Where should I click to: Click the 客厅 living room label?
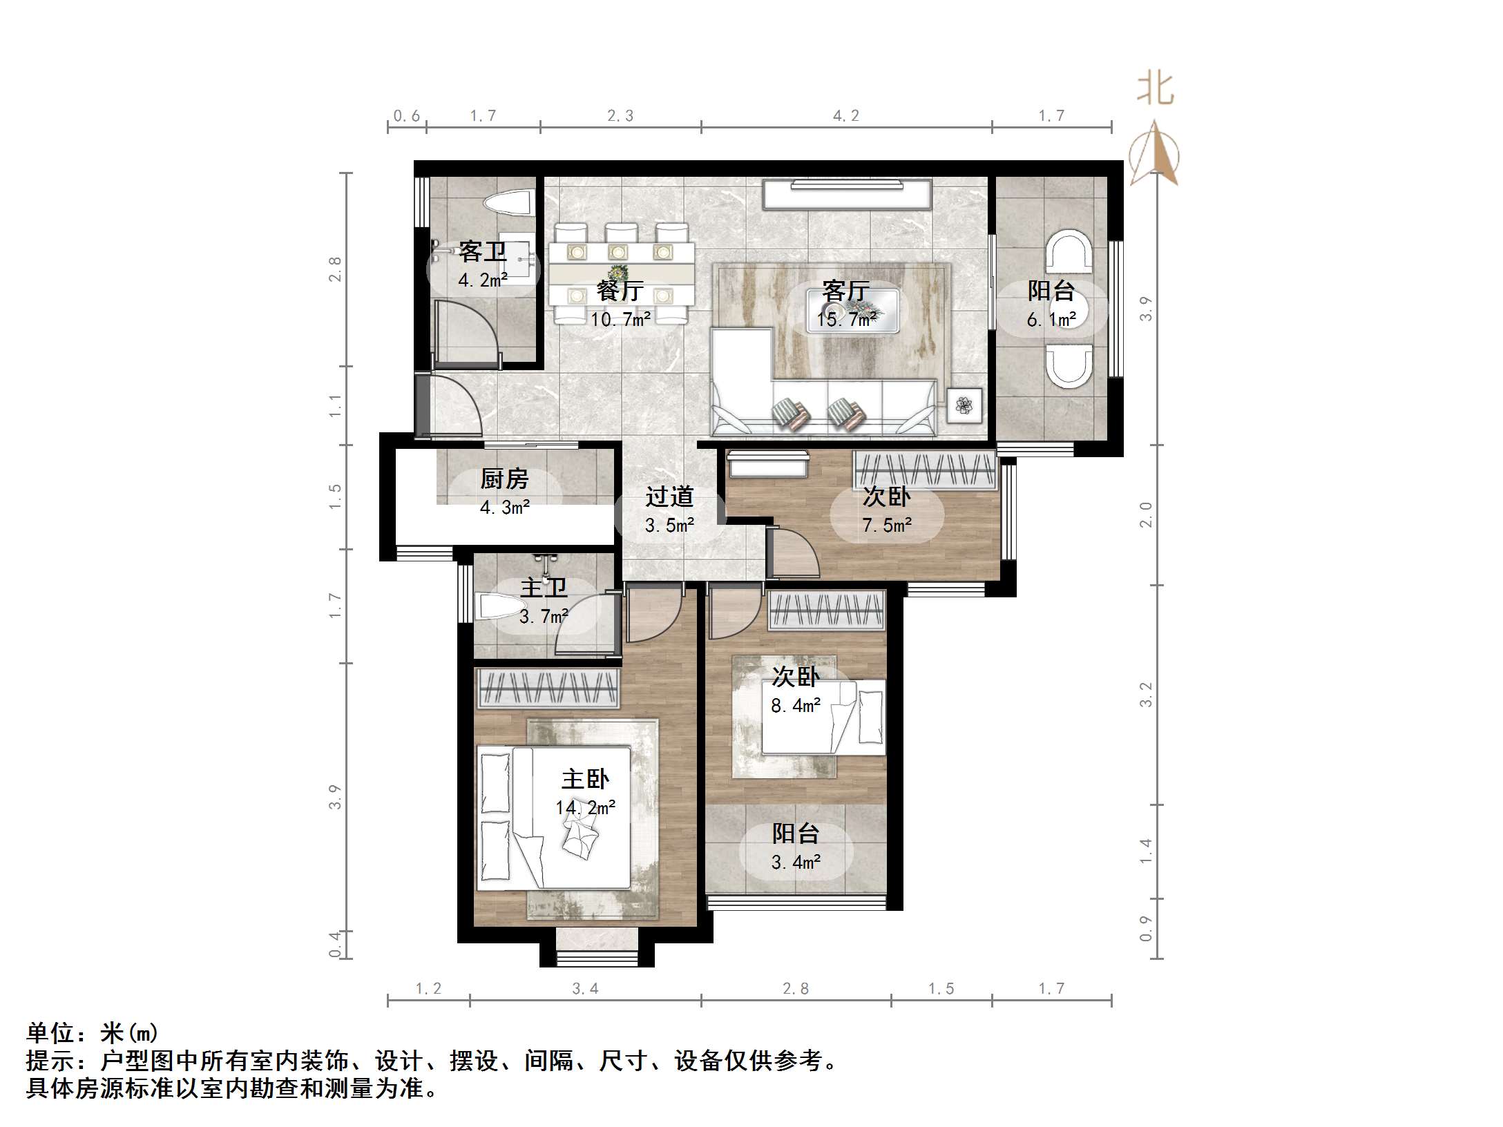point(845,291)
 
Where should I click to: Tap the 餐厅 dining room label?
point(620,291)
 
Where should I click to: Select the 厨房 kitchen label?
point(504,479)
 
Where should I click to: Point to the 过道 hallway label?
point(669,497)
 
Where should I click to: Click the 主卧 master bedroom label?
point(584,779)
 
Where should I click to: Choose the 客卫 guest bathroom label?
point(482,251)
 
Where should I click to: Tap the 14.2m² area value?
point(585,807)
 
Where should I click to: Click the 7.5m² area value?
point(887,526)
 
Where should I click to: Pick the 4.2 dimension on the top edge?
point(845,116)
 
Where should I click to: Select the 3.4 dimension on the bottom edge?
point(585,989)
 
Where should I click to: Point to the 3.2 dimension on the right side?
point(1146,695)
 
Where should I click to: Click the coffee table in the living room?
point(854,311)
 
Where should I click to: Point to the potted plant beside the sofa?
point(964,405)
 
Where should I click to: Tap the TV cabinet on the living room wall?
point(847,193)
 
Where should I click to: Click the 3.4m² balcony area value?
point(796,862)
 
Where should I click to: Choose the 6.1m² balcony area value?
point(1051,319)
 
